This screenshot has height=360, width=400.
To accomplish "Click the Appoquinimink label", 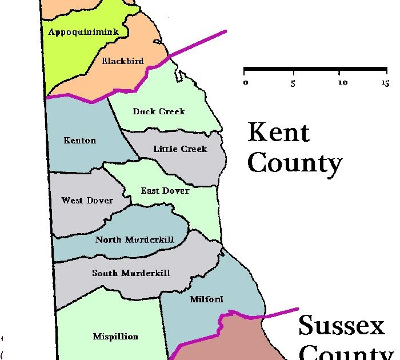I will click(x=83, y=32).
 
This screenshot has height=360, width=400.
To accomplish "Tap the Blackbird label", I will click(x=122, y=61).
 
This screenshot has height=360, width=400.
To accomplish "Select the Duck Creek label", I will click(x=159, y=111).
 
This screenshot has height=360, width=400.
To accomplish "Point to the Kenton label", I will click(x=80, y=141).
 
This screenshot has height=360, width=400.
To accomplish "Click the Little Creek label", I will click(x=180, y=149).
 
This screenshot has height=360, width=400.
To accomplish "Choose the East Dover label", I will click(x=165, y=190).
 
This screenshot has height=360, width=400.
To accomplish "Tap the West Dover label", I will click(x=87, y=201).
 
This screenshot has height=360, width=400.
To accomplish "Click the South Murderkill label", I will click(x=131, y=273).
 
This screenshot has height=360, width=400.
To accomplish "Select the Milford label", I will click(x=206, y=299).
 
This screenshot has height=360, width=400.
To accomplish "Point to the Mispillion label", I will click(x=115, y=337).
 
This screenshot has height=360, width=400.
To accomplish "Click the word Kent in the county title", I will click(x=278, y=133).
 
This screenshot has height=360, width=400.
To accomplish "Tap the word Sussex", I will click(x=342, y=327).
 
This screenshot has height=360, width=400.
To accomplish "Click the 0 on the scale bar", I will click(x=246, y=83).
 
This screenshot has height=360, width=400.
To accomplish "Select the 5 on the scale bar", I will click(x=293, y=83).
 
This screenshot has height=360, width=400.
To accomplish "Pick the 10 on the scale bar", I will click(x=343, y=83).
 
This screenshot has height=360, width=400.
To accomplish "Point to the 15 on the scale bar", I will click(x=385, y=83).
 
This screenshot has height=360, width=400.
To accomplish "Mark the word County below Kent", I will click(x=295, y=164).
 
